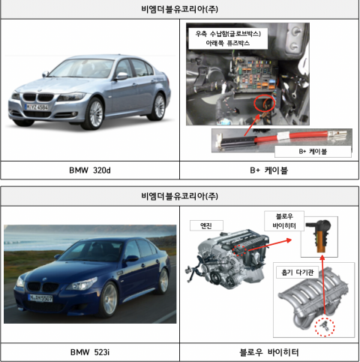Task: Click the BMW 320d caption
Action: tap(90, 170)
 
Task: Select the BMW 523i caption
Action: tap(90, 351)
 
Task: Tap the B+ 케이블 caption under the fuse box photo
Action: tap(269, 170)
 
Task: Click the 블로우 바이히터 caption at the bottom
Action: tap(269, 351)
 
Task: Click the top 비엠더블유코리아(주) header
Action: tap(180, 10)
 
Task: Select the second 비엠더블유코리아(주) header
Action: tap(180, 196)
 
